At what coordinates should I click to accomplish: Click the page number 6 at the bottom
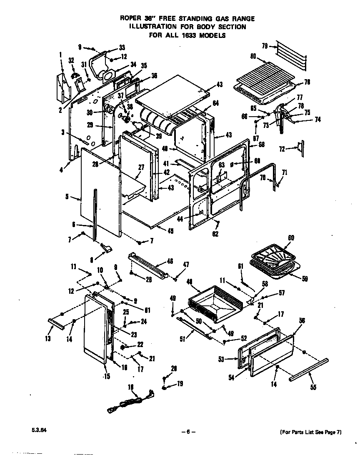click(x=188, y=432)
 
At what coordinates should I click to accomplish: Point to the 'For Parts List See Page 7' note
click(x=310, y=432)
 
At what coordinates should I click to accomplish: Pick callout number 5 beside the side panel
click(x=67, y=197)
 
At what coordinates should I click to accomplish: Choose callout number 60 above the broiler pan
click(x=291, y=237)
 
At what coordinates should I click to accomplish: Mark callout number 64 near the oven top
click(x=215, y=103)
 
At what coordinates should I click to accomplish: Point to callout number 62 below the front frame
click(x=215, y=234)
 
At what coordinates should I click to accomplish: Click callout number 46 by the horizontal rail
click(x=170, y=261)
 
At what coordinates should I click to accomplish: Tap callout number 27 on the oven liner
click(x=141, y=167)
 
